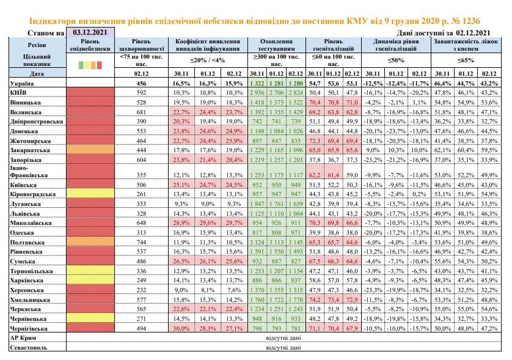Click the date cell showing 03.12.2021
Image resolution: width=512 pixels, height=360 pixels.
point(90,32)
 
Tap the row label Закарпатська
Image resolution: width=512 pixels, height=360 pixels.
point(30,150)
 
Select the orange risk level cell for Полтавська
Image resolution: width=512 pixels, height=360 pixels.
point(90,242)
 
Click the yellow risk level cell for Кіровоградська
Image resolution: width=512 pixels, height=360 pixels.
point(90,194)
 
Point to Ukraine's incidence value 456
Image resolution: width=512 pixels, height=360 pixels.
point(141,83)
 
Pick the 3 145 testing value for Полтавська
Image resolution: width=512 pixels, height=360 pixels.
point(296,243)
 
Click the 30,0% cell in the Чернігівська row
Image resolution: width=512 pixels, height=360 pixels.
point(181,328)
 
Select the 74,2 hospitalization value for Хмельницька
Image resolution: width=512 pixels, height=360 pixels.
point(315,299)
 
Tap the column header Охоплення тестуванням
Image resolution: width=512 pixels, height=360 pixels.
point(277,45)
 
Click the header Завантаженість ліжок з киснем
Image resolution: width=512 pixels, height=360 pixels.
point(466,45)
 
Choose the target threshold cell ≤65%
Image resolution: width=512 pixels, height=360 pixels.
point(466,61)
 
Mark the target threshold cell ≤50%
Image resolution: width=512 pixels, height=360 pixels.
point(396,61)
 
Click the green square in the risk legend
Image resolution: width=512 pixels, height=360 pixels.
point(81,65)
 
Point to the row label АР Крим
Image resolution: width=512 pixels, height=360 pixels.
point(23,338)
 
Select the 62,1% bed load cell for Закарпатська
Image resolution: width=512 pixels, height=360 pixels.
point(442,150)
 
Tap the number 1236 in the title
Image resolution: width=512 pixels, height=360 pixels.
point(469,21)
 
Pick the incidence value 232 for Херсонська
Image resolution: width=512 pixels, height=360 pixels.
point(141,290)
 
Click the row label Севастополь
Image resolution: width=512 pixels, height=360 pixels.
point(28,348)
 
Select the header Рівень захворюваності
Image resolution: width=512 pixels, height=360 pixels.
point(141,45)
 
